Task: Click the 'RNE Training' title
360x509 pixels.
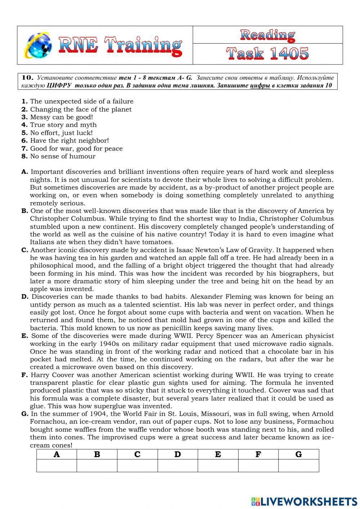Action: tap(120, 46)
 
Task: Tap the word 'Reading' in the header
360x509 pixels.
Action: tap(267, 35)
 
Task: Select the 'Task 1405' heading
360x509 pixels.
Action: tap(267, 54)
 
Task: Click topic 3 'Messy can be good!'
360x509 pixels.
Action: tap(61, 117)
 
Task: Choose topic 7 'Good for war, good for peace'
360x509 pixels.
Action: tap(76, 148)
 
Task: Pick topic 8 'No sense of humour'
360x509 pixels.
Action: tap(63, 156)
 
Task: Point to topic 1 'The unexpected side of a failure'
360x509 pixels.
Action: tap(81, 102)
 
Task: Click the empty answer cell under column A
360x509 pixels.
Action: tap(57, 465)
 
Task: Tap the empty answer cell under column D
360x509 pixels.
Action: tap(177, 465)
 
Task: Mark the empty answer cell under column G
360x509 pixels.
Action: tap(298, 465)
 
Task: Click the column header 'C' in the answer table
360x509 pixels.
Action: tap(137, 454)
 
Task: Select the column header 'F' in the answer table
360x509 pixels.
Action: tap(258, 454)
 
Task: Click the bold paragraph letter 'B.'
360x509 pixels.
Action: tap(25, 211)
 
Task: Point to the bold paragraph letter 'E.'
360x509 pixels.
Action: tap(24, 336)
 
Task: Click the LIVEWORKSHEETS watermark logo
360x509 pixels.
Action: tap(304, 501)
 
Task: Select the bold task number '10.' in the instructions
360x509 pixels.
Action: tap(28, 77)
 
